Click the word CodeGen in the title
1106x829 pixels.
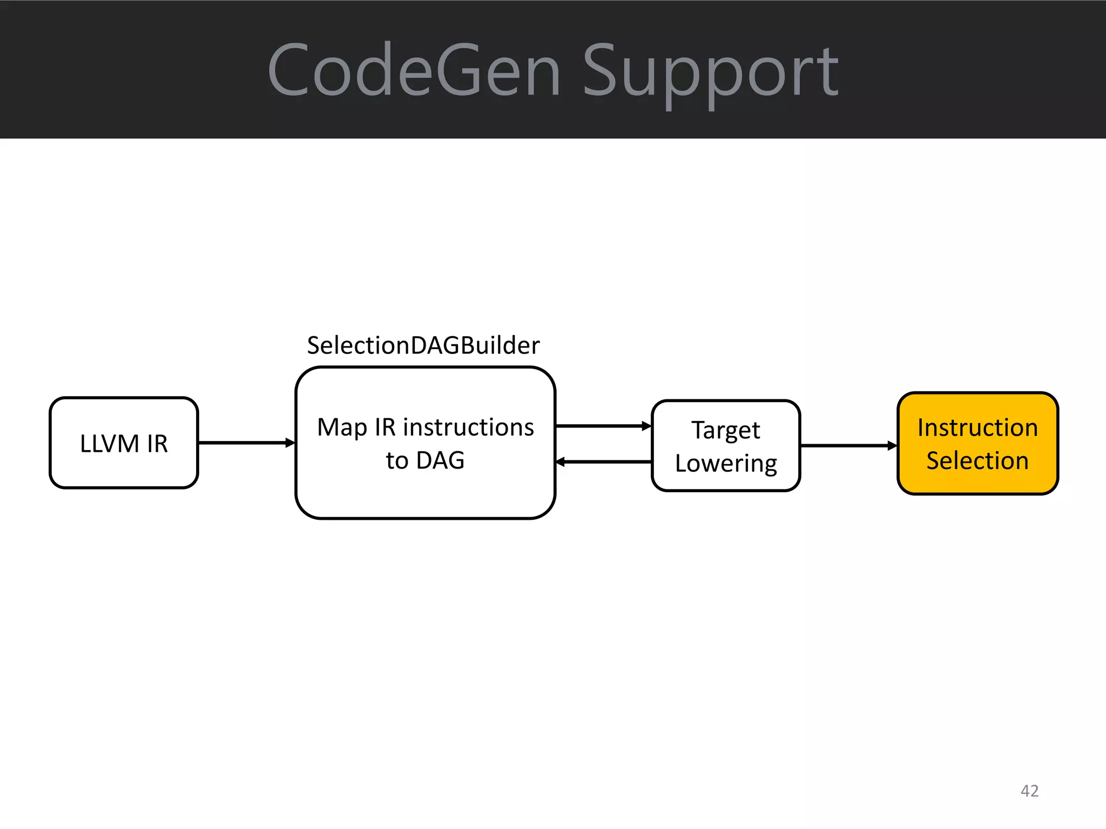414,71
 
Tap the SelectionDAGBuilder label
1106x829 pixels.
423,345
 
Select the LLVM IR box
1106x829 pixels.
124,470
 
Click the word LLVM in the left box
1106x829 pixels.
110,444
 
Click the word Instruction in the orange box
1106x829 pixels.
977,427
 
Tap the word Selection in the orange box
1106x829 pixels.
977,460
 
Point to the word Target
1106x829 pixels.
726,430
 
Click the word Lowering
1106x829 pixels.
726,463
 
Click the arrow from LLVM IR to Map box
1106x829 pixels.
246,443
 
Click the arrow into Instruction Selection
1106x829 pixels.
848,445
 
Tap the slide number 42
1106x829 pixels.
1029,791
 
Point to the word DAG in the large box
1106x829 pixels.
440,460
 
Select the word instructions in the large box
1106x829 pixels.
468,427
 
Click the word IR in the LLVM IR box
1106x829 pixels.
157,444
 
